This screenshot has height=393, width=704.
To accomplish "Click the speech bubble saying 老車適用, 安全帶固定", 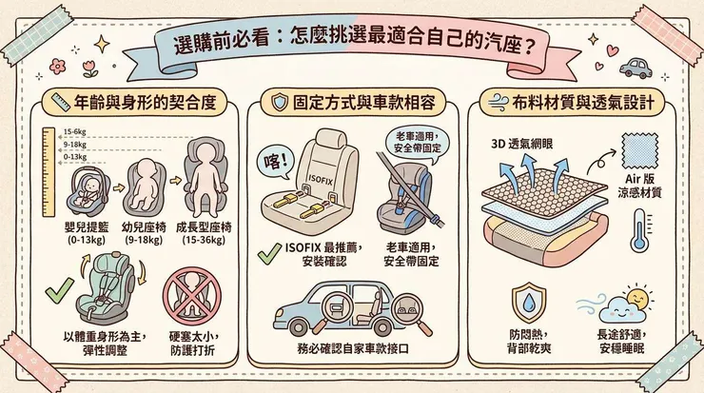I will coord(416,142).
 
